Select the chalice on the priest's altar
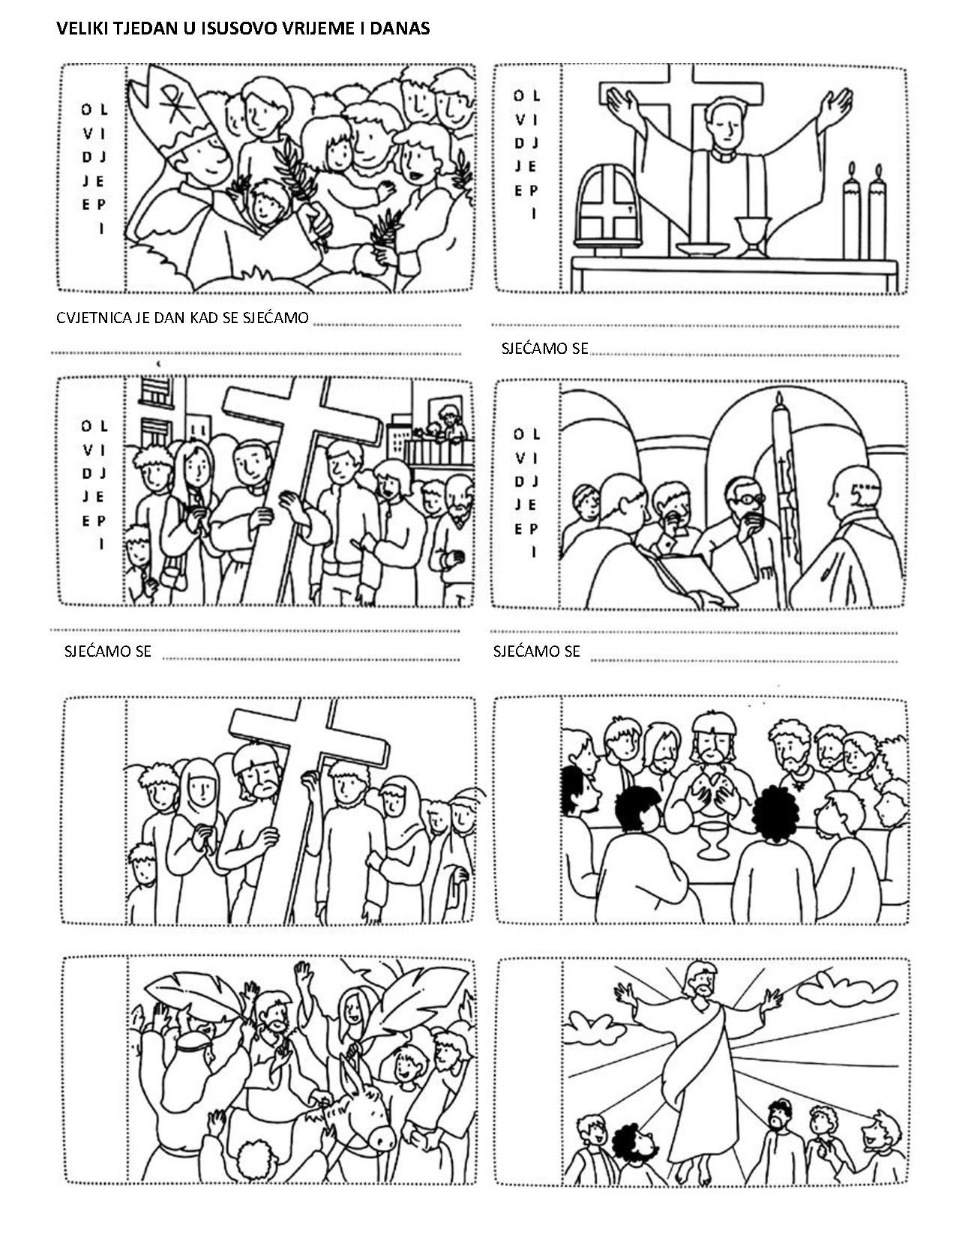tap(753, 235)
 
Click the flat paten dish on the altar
tap(702, 249)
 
